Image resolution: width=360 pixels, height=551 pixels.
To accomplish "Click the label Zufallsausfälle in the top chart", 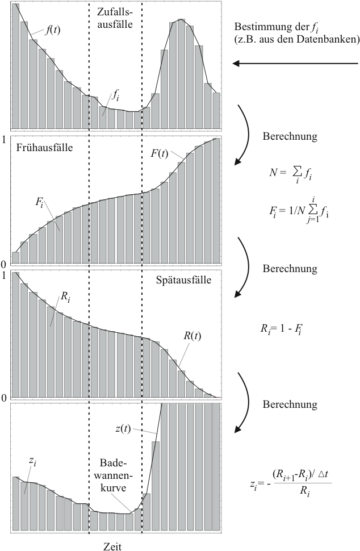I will click(115, 18).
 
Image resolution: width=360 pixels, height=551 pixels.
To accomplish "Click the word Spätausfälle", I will click(183, 280).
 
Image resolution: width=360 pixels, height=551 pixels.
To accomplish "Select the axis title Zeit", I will click(112, 546).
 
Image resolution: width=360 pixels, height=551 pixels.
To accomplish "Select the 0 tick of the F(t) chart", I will click(4, 264).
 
